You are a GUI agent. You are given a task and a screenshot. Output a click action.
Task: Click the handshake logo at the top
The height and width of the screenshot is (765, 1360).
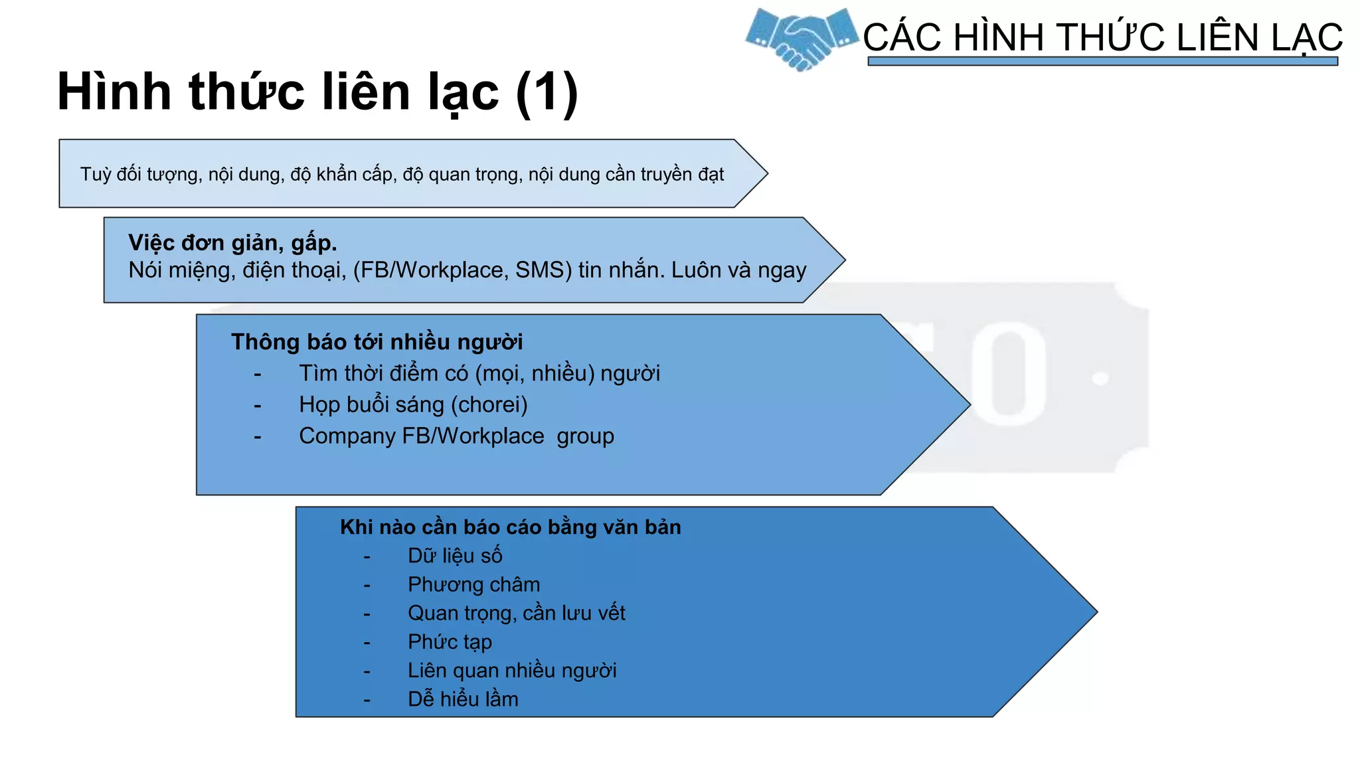point(801,39)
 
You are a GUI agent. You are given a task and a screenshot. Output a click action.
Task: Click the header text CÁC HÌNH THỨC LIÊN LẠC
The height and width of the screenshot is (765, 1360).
point(1102,37)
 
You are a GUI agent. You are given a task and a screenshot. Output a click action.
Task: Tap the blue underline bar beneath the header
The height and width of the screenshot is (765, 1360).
point(1102,61)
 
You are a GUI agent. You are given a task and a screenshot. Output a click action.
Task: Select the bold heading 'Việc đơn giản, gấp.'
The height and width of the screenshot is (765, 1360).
point(232,243)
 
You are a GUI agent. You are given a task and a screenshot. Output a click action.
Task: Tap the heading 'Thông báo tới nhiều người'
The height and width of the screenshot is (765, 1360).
point(377,342)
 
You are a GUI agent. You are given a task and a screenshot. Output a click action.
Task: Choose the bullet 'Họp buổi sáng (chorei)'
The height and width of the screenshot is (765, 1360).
point(413,404)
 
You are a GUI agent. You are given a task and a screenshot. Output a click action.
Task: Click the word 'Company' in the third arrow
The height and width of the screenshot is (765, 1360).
point(347,436)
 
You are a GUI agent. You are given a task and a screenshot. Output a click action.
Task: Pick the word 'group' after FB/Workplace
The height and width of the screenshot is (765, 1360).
point(585,436)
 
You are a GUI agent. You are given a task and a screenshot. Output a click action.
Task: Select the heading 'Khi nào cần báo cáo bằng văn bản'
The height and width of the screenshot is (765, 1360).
point(510,527)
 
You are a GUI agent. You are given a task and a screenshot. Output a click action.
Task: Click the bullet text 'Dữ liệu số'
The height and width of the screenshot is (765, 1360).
point(455,556)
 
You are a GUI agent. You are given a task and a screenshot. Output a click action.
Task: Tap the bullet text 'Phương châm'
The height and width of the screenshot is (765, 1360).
point(473,584)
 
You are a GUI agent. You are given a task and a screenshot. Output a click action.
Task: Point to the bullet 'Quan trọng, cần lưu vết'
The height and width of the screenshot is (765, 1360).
point(516,613)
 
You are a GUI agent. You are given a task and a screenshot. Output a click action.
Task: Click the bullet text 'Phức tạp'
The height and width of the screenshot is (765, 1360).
point(450,641)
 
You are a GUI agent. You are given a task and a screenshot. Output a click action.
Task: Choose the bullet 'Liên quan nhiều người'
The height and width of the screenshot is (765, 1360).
point(512,671)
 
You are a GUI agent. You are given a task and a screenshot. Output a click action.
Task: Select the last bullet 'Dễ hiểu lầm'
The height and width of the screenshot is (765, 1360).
point(463,699)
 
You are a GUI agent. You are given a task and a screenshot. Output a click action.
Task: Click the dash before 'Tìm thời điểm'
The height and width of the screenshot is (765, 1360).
point(258,375)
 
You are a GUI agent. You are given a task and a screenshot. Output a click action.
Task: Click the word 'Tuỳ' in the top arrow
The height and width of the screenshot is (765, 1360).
point(95,174)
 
